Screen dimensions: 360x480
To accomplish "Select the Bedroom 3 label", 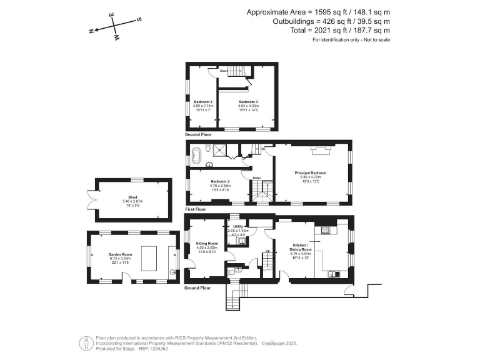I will coord(247,101).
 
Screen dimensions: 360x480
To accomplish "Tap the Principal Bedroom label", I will coord(311,172).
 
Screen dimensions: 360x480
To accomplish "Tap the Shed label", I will coord(132,197).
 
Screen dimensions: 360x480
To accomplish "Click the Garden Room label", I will coord(118,254).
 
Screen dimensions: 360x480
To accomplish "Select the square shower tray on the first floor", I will coord(219,149).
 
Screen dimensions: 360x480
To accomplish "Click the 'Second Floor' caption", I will coord(198,134).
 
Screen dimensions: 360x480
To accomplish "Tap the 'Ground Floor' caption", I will coord(197,288).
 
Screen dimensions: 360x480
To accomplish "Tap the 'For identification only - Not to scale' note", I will coord(351,40).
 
